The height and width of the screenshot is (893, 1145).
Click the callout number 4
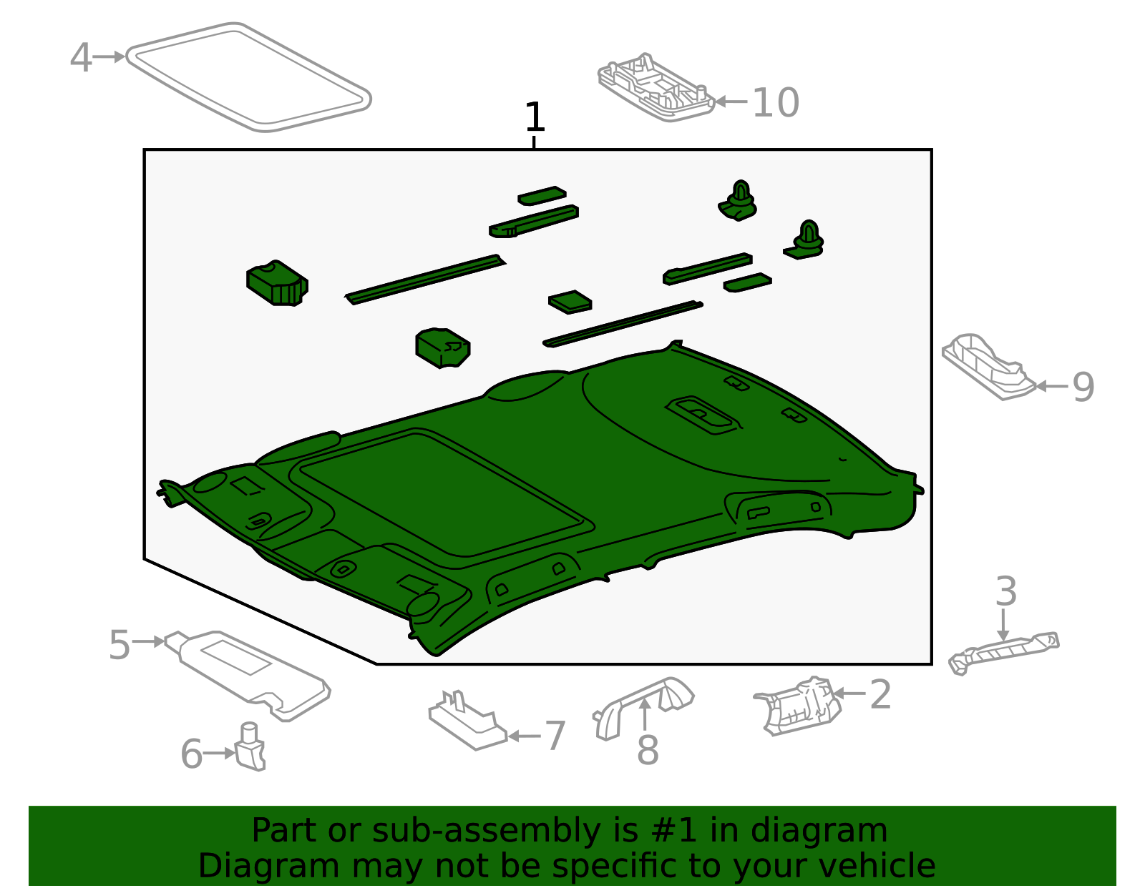(81, 57)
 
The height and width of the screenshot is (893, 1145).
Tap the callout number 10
(776, 103)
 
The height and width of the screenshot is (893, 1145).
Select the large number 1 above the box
(535, 117)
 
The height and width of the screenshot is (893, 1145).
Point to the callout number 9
(1083, 387)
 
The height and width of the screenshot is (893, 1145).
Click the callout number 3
(1006, 591)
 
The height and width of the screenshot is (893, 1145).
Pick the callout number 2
(880, 695)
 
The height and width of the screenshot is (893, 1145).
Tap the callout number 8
(648, 750)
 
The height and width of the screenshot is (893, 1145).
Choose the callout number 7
(555, 736)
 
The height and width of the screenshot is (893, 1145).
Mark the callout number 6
(191, 754)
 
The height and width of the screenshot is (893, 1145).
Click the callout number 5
(119, 645)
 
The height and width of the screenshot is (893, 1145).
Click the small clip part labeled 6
(250, 746)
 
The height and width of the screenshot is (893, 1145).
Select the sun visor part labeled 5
(248, 675)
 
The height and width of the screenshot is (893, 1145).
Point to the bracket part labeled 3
(1003, 653)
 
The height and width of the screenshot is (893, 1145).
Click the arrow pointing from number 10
(731, 102)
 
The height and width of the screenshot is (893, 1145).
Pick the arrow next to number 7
(525, 736)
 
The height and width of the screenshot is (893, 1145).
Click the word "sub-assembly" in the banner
(487, 832)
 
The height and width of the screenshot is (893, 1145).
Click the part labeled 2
(798, 706)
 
